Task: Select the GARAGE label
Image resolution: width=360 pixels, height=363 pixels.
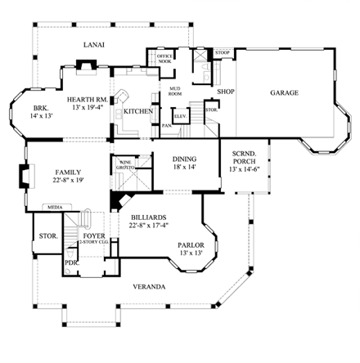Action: click(x=284, y=93)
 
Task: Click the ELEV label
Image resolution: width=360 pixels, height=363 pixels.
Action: click(x=181, y=116)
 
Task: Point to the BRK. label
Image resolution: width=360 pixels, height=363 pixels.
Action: click(x=41, y=109)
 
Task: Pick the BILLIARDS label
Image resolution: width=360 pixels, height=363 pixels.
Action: click(x=148, y=218)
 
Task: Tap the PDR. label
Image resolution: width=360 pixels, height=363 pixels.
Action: click(x=71, y=263)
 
